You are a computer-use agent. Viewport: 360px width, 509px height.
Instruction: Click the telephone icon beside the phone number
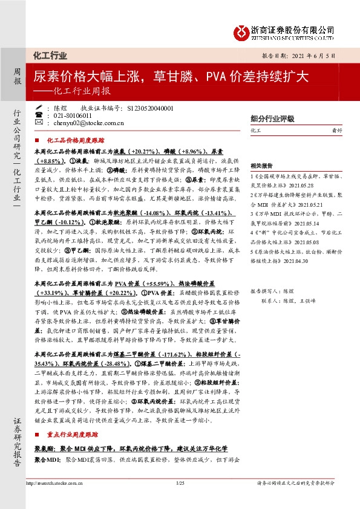pos(39,115)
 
